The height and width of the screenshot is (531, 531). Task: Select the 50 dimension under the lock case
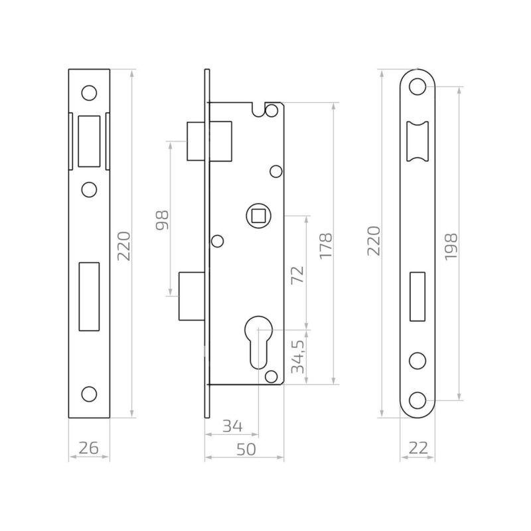[x=246, y=449]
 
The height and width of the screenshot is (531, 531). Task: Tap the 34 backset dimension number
[x=233, y=426]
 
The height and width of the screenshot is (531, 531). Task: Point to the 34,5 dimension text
[x=298, y=356]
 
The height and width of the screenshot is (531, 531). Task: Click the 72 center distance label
[x=298, y=275]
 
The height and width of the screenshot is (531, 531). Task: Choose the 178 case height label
[x=326, y=246]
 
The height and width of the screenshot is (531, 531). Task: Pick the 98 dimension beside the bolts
[x=162, y=220]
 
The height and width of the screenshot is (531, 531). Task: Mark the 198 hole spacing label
[x=451, y=246]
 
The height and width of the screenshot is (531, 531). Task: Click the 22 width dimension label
[x=418, y=448]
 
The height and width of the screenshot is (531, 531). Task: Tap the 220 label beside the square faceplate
[x=123, y=246]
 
